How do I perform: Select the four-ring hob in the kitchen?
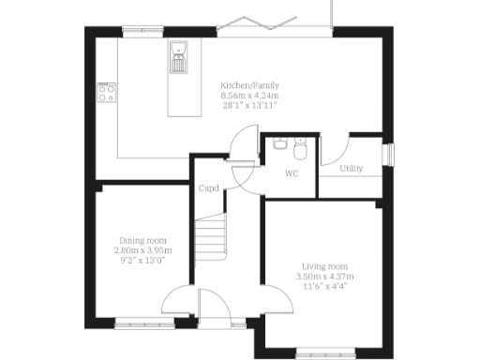(x=105, y=92)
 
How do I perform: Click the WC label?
(x=292, y=173)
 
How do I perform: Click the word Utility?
(x=352, y=169)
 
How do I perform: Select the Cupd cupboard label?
(x=209, y=187)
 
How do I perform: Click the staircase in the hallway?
(x=212, y=239)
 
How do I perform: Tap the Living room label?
(x=324, y=266)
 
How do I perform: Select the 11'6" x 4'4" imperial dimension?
(x=324, y=287)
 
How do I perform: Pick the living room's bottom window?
(x=323, y=353)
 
